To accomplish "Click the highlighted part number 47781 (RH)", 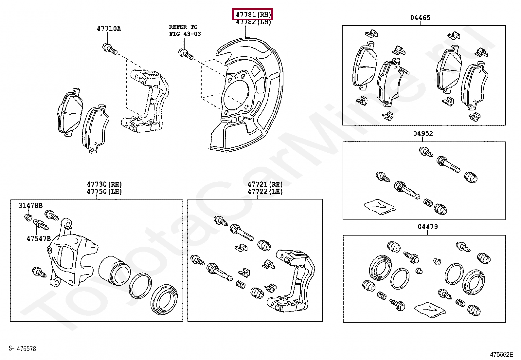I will click(252, 14).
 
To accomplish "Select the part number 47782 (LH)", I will click(253, 23).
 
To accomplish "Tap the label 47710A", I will click(109, 29).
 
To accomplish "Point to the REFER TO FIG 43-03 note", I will click(185, 30).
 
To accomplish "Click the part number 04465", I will click(420, 18).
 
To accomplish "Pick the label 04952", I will click(423, 133).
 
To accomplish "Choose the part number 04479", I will click(428, 227).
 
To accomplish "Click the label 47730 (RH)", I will click(104, 184).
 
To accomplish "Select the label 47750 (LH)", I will click(104, 192).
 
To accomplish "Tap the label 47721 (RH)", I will click(265, 184).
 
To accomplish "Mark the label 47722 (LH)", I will click(265, 192).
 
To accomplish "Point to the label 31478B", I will click(30, 206).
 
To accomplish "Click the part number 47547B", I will click(39, 238).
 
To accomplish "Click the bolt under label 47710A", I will click(110, 49).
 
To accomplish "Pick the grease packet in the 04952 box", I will click(379, 206).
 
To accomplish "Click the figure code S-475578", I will click(22, 349).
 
